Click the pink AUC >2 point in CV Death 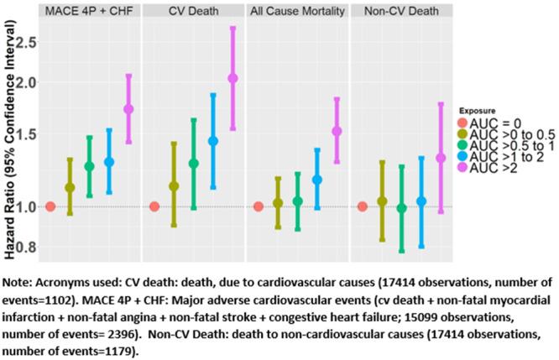[232, 78]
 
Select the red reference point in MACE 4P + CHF [50, 206]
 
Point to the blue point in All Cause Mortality [316, 180]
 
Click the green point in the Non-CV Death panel [401, 208]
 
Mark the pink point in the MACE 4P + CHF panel [128, 109]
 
